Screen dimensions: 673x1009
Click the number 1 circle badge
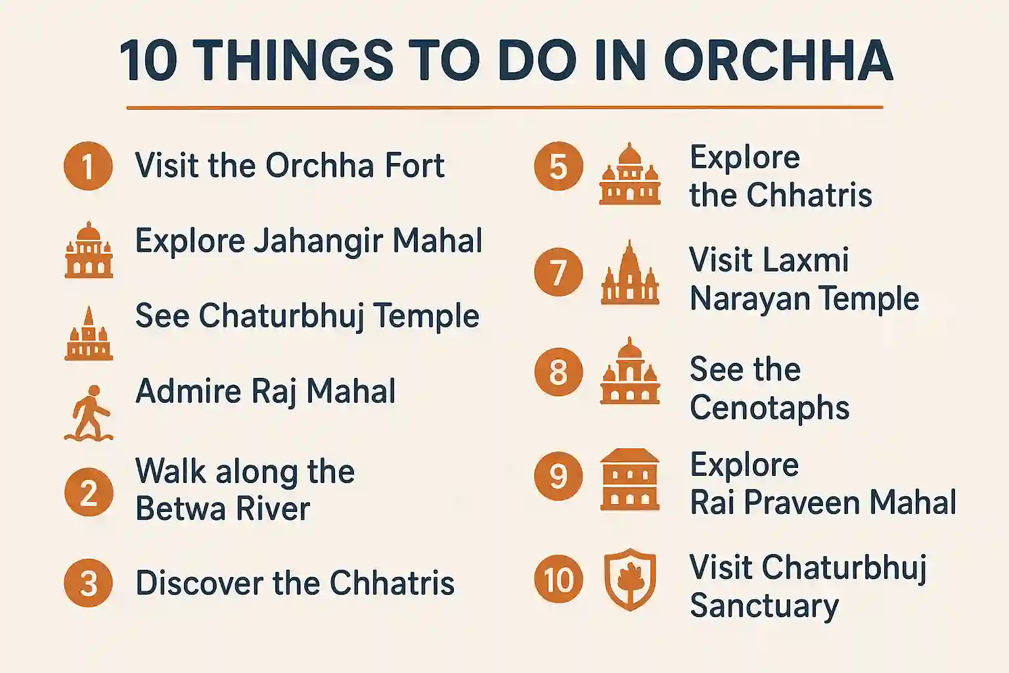pyautogui.click(x=88, y=166)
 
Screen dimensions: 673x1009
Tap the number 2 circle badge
pyautogui.click(x=88, y=492)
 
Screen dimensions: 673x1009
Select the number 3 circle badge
pyautogui.click(x=88, y=583)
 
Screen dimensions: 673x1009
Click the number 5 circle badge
pyautogui.click(x=558, y=166)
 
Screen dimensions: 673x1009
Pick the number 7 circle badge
pyautogui.click(x=558, y=272)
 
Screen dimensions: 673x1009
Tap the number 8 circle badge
pyautogui.click(x=558, y=372)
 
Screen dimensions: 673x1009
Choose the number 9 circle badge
pyautogui.click(x=558, y=476)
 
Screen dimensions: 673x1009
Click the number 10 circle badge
pyautogui.click(x=558, y=580)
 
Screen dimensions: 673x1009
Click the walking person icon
pyautogui.click(x=89, y=413)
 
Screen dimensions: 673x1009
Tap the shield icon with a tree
pyautogui.click(x=630, y=580)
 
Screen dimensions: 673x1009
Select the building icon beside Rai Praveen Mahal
pyautogui.click(x=630, y=480)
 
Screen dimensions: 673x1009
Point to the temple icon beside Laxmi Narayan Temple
pyautogui.click(x=630, y=273)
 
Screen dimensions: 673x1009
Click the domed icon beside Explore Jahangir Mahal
pyautogui.click(x=89, y=250)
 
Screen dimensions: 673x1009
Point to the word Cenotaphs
pyautogui.click(x=769, y=408)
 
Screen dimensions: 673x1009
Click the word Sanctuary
pyautogui.click(x=764, y=606)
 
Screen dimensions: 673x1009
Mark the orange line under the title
pyautogui.click(x=504, y=107)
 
